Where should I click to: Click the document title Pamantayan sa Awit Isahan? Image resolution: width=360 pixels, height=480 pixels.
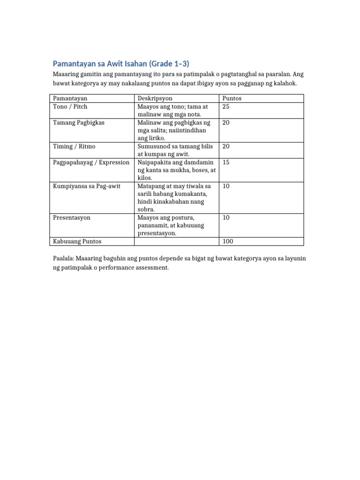pos(121,63)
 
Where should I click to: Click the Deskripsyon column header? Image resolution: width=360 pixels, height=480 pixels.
pos(155,98)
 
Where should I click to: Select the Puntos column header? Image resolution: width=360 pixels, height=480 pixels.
pos(232,98)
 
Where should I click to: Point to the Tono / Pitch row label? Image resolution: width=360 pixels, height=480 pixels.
pos(70,106)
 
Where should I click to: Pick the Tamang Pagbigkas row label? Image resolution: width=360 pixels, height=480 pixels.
pos(79,122)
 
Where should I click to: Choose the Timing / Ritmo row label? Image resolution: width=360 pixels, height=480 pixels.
pos(74,146)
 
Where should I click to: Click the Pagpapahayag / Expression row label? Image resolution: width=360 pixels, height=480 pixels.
pos(91,162)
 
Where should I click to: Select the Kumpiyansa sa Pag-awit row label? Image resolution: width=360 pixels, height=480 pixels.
pos(87,186)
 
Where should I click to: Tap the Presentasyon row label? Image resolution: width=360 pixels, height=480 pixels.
pos(72,217)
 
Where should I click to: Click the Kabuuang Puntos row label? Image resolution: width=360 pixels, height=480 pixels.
pos(77,241)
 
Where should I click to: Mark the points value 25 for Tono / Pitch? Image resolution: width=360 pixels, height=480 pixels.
pos(226,106)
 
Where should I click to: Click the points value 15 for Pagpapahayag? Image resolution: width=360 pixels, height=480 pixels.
pos(226,162)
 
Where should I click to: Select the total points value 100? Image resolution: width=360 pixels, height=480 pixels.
pos(228,241)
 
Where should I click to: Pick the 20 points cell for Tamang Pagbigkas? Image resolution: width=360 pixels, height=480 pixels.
pos(226,122)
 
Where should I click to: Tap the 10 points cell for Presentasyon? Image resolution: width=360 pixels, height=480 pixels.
pos(226,217)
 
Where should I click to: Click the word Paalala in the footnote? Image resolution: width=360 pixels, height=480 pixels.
pos(63,258)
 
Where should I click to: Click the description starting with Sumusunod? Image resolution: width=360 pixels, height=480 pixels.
pos(175,150)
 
